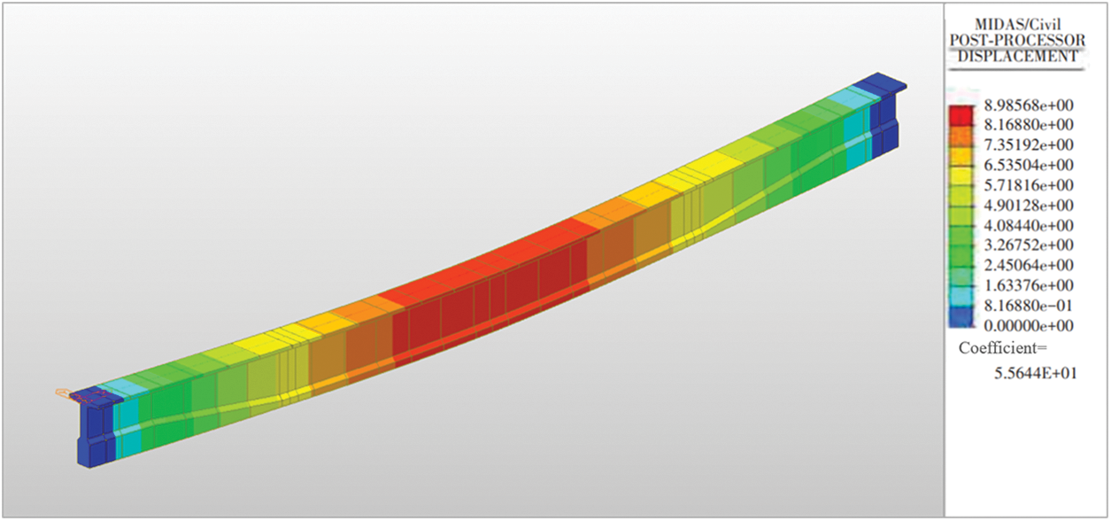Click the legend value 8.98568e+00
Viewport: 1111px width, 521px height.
[x=1029, y=105]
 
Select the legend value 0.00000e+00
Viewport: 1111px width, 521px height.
[x=1029, y=326]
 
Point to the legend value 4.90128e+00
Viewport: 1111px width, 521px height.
[x=1029, y=206]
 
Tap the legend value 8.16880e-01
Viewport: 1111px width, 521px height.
[x=1029, y=306]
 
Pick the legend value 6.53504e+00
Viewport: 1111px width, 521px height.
[x=1029, y=165]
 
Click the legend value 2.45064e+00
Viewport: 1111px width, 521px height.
[x=1029, y=265]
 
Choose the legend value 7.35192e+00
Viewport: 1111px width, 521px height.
[x=1029, y=145]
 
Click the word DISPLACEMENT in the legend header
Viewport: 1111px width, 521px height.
[x=1017, y=56]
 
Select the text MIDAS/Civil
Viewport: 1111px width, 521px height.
[x=1017, y=24]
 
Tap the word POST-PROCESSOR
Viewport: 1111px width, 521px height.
[x=1017, y=40]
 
